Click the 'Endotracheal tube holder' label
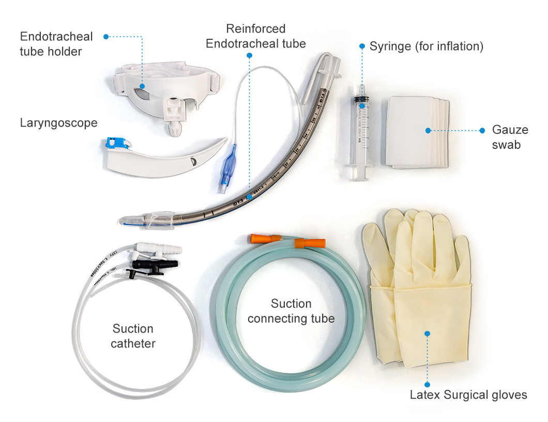[56, 44]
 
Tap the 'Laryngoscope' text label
[58, 123]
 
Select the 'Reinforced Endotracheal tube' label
[255, 36]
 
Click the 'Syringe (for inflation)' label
[426, 47]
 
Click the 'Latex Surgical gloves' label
[468, 395]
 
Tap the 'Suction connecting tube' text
[291, 311]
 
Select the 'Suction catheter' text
[133, 336]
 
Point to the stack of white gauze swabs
[417, 132]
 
